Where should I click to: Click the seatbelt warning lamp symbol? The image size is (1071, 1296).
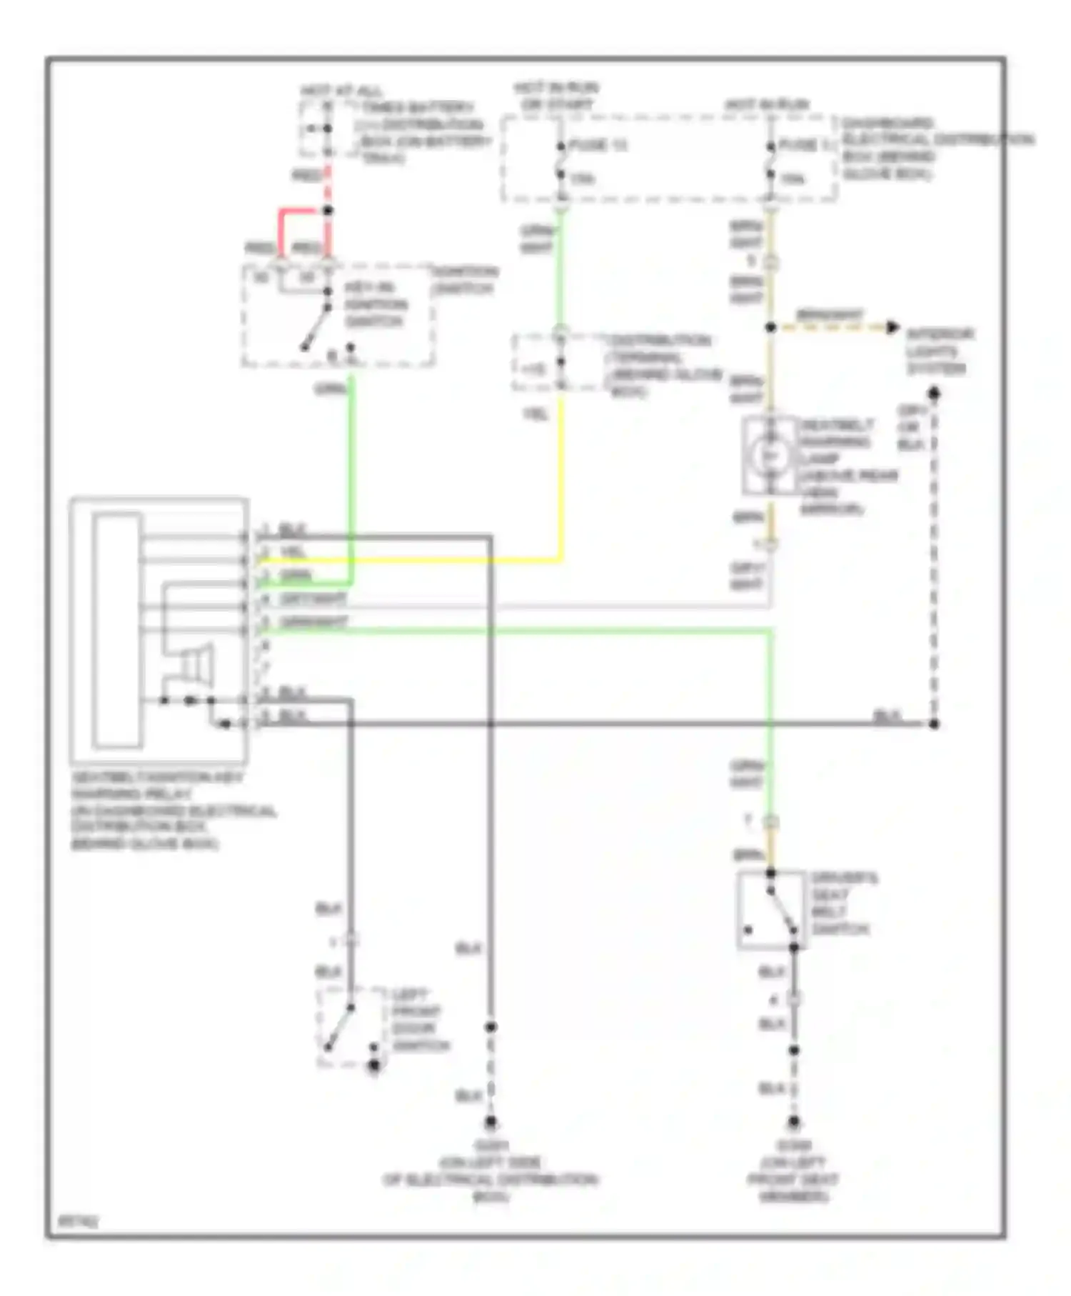(x=770, y=455)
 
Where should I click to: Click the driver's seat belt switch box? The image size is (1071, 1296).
(x=771, y=910)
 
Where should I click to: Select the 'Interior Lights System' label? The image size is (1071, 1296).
(x=939, y=352)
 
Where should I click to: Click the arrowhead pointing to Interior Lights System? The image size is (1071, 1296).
(x=892, y=328)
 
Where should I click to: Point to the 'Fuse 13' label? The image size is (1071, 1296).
(x=598, y=146)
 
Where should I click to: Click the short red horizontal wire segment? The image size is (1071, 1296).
(x=300, y=211)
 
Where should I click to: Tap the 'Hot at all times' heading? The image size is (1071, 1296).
(x=341, y=91)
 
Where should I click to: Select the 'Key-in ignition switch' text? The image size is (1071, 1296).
(x=376, y=305)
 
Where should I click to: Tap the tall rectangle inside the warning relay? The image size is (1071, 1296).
(x=116, y=630)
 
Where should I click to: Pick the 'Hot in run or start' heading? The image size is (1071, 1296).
(x=556, y=96)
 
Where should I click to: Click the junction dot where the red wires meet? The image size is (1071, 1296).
(x=328, y=211)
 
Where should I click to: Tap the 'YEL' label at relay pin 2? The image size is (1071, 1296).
(x=293, y=552)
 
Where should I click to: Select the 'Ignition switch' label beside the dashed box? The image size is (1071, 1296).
(x=464, y=280)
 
